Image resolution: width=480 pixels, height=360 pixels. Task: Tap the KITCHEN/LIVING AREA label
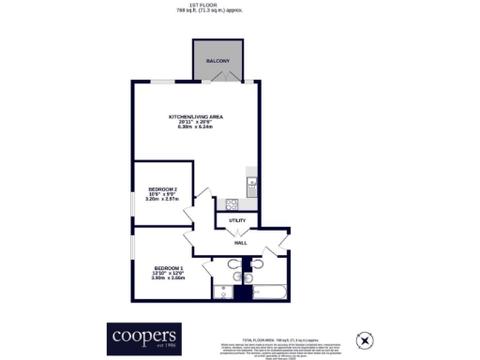coord(196,117)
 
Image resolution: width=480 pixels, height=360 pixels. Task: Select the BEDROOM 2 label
coord(162,190)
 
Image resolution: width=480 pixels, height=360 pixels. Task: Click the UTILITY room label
coord(237,221)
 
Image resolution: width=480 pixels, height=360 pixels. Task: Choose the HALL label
coord(240,243)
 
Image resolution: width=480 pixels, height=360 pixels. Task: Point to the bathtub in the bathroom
coord(271,293)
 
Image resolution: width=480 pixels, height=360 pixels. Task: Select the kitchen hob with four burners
coord(231,203)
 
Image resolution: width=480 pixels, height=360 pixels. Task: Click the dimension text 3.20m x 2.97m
coord(162,200)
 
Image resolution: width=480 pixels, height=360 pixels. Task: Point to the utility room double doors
coord(240,232)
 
